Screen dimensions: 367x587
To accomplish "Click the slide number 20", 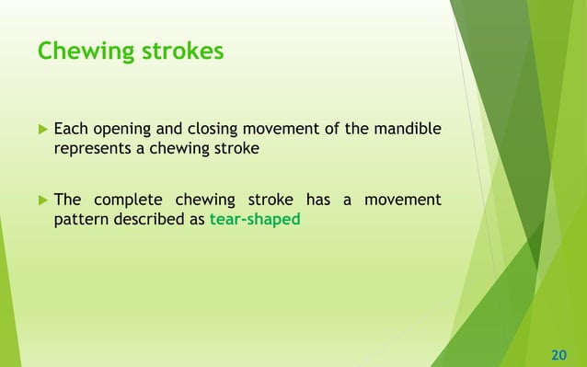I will click(x=558, y=354).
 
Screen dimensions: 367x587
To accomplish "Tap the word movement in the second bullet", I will click(x=403, y=200).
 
